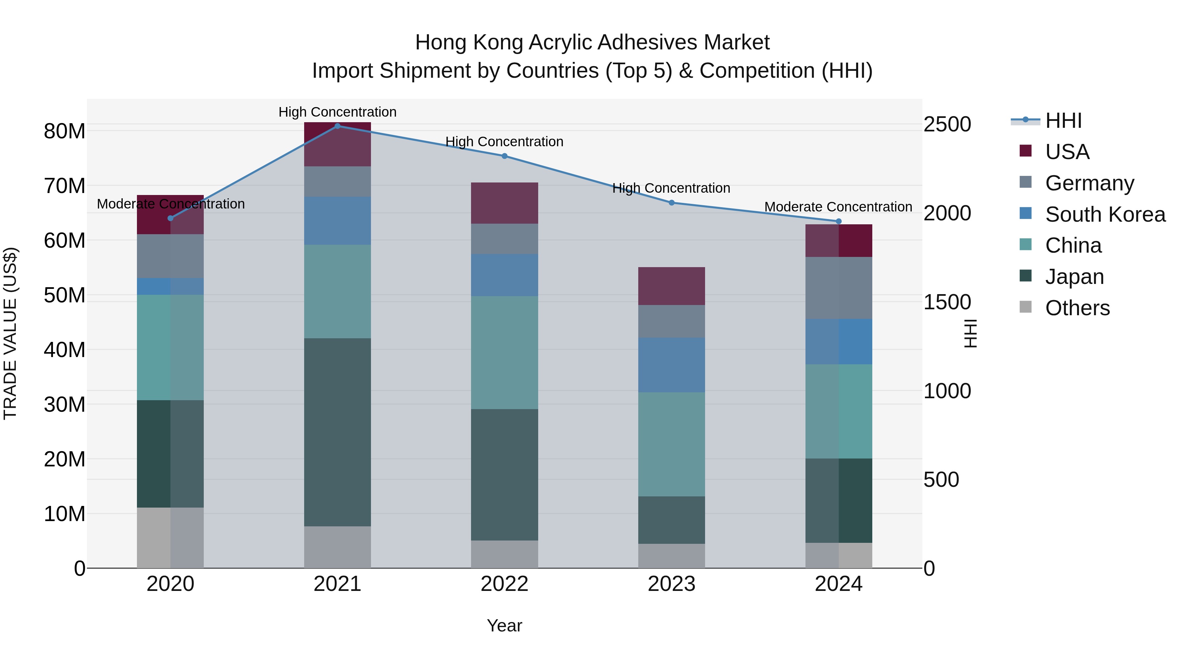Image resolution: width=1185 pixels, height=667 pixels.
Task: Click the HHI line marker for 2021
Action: point(337,126)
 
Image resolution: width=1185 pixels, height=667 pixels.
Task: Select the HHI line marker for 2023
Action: point(671,203)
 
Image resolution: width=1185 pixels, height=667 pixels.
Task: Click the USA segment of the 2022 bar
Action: point(504,203)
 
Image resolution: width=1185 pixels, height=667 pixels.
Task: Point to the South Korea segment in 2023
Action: point(671,365)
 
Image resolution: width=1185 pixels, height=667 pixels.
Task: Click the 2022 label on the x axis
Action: point(504,584)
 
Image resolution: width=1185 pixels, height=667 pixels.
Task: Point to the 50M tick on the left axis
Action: point(65,295)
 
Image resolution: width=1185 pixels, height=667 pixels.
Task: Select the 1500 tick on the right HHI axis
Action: point(947,302)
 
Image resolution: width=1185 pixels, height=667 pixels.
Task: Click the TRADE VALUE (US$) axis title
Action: point(10,333)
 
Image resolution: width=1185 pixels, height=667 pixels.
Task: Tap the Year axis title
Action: point(504,625)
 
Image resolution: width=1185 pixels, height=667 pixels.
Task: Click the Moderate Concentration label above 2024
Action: point(838,207)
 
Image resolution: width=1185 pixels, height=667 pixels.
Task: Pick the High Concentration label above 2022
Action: point(504,141)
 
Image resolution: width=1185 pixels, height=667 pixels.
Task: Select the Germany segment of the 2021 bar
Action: point(337,181)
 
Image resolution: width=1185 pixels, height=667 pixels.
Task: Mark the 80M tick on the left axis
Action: point(65,131)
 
